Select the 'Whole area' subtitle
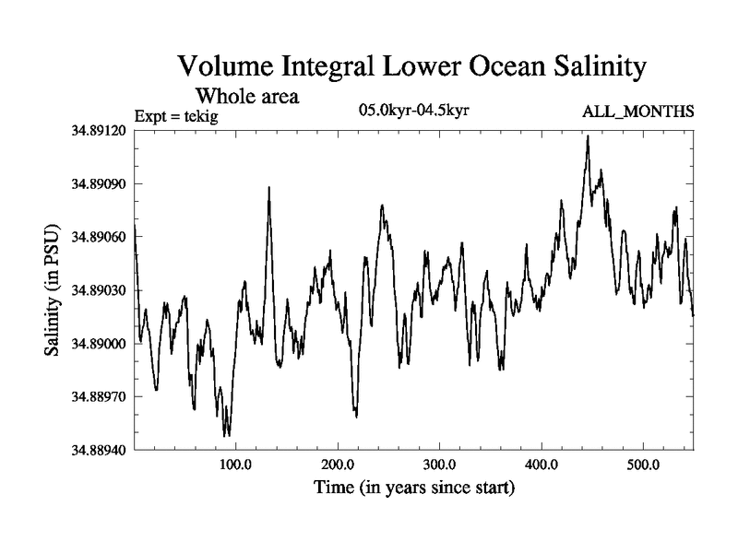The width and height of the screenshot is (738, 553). click(x=247, y=96)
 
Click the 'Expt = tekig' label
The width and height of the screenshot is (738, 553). click(x=174, y=114)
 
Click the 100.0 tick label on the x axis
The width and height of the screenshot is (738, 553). click(x=236, y=464)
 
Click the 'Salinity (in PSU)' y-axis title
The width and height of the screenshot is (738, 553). click(x=52, y=289)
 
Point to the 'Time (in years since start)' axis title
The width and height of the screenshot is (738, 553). click(x=413, y=487)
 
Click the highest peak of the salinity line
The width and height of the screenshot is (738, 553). click(x=587, y=136)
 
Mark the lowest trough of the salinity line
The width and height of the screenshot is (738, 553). click(x=227, y=435)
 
